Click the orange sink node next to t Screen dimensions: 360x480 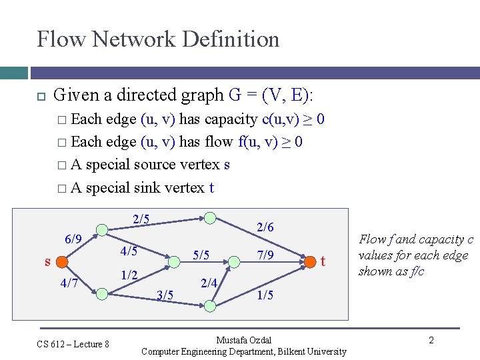coord(310,261)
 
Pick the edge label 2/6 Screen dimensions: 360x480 coord(265,227)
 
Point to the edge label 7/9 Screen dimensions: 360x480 coord(265,255)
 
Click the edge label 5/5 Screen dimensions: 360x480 coord(201,255)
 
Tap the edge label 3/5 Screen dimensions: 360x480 coord(165,295)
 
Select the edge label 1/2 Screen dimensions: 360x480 coord(130,275)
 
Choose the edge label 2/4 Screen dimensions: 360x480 coord(209,283)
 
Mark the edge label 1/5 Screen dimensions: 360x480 coord(265,295)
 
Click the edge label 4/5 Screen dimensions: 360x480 coord(129,251)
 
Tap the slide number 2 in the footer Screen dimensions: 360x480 coord(431,341)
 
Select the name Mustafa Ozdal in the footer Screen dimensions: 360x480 coord(244,340)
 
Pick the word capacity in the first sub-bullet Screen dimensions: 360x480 coord(232,119)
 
